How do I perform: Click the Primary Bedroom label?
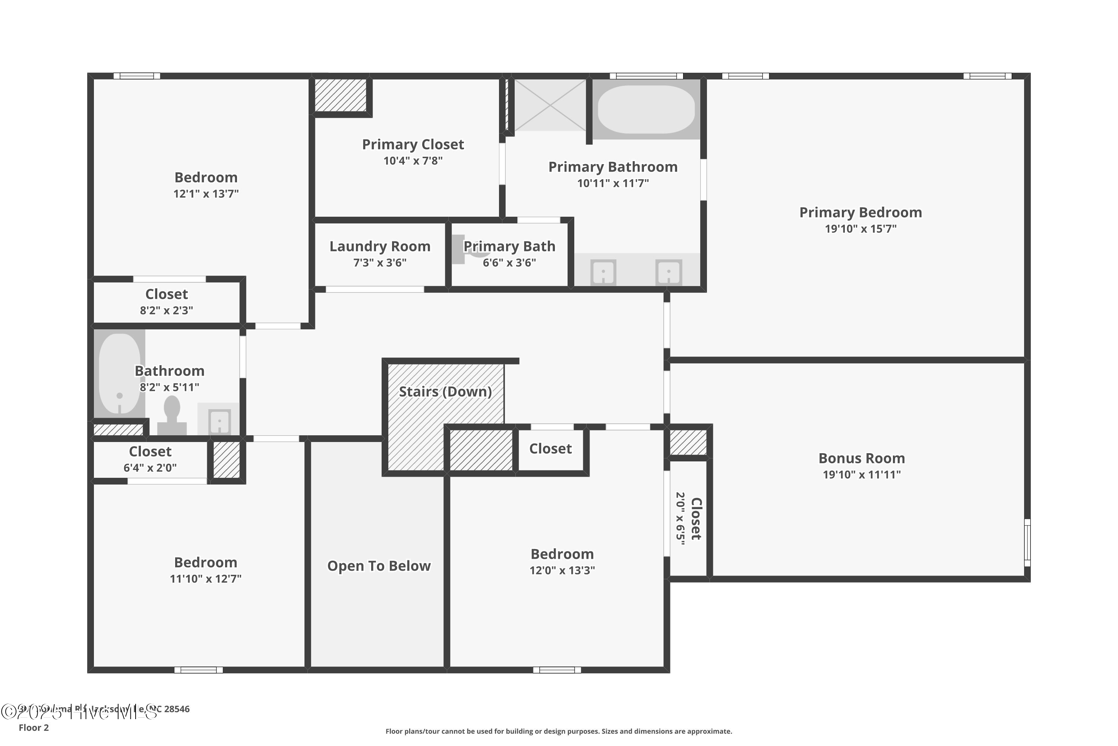pyautogui.click(x=860, y=212)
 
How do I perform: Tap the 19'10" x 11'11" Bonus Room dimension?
pyautogui.click(x=861, y=474)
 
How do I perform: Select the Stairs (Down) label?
pyautogui.click(x=445, y=392)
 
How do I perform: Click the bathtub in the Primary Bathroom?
pyautogui.click(x=645, y=109)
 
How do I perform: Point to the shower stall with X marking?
pyautogui.click(x=550, y=105)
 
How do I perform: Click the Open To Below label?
pyautogui.click(x=379, y=566)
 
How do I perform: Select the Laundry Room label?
pyautogui.click(x=380, y=247)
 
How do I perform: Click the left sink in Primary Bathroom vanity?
pyautogui.click(x=603, y=273)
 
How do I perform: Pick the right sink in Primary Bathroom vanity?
pyautogui.click(x=668, y=273)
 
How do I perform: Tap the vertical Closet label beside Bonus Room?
pyautogui.click(x=695, y=518)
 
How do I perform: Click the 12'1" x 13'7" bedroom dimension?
pyautogui.click(x=206, y=194)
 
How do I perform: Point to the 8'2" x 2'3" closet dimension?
pyautogui.click(x=166, y=310)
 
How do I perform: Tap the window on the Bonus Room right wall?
pyautogui.click(x=1027, y=542)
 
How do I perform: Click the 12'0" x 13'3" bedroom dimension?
pyautogui.click(x=562, y=570)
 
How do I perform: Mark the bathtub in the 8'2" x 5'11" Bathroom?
pyautogui.click(x=119, y=373)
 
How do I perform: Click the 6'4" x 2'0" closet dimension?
pyautogui.click(x=150, y=468)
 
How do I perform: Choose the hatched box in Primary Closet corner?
pyautogui.click(x=341, y=95)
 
